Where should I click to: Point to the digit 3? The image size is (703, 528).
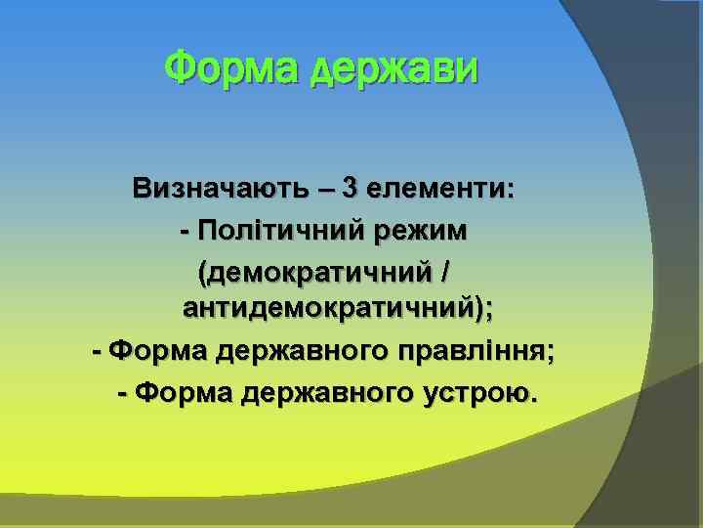pos(349,189)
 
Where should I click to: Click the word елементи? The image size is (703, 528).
pos(439,189)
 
